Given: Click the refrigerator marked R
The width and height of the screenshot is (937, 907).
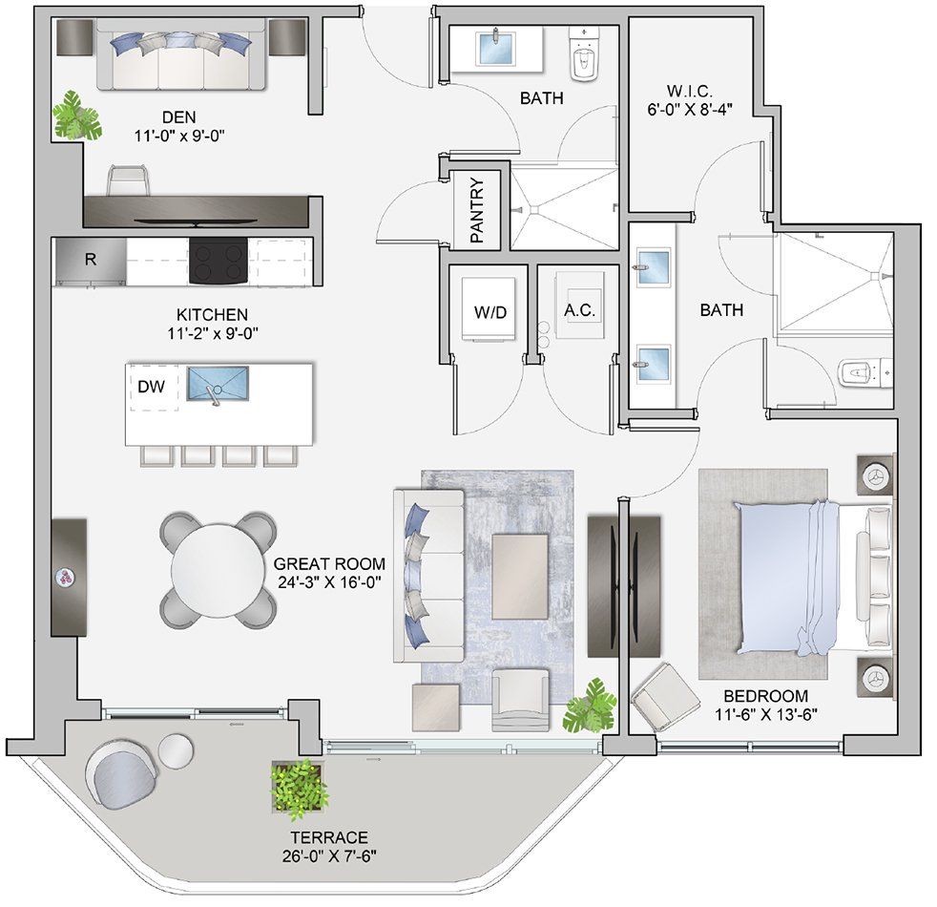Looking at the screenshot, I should pos(90,261).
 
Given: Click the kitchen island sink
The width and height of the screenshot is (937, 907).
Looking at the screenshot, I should pos(218,385).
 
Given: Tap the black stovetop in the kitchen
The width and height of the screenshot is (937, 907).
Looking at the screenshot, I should pos(219,261).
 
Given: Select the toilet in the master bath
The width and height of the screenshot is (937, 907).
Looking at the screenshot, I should pos(863,371).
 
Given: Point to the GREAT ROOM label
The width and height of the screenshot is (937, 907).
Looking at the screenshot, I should pos(327,563).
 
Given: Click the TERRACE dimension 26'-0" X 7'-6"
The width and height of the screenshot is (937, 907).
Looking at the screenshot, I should pos(324,854).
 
